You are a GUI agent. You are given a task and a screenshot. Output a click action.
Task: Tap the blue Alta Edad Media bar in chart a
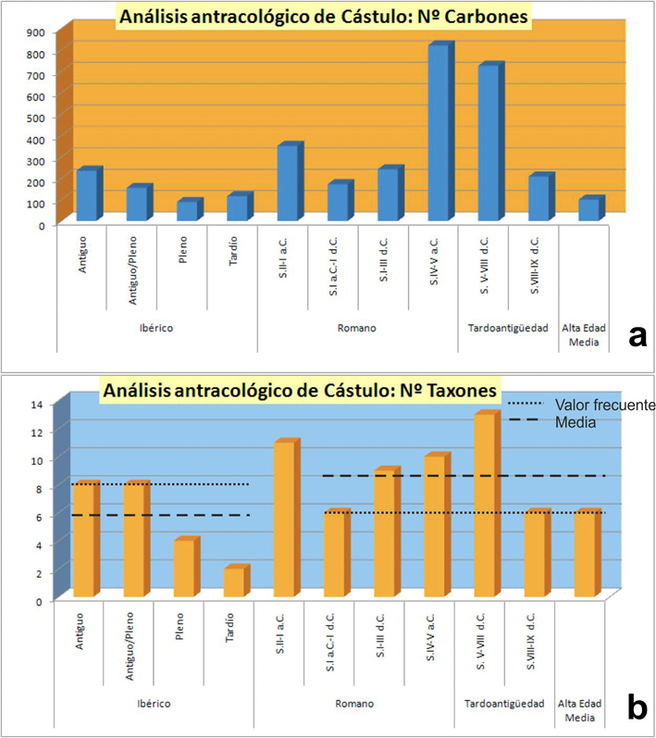tap(588, 209)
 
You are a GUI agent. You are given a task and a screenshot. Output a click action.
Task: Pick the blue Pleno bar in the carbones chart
tap(188, 210)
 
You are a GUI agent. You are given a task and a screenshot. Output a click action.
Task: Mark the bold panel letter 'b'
tap(637, 708)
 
